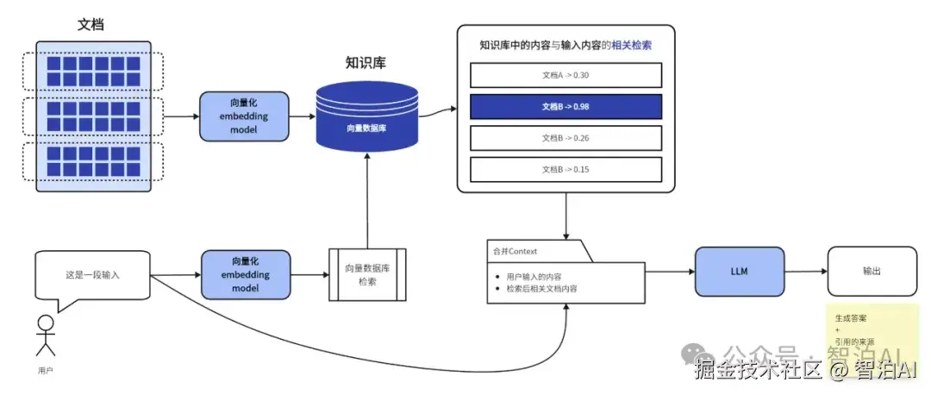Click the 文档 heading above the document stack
point(91,24)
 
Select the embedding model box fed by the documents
point(245,116)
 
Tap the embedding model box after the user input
point(245,274)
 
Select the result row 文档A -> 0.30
point(565,75)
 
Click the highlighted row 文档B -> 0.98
point(565,107)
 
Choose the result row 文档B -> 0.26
point(565,138)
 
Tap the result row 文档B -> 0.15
point(565,169)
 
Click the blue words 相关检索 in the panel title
point(631,44)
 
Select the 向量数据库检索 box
point(367,274)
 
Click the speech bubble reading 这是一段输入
point(93,275)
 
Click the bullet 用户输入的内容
point(534,276)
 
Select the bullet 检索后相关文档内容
point(542,288)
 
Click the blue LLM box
point(740,272)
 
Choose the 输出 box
point(872,272)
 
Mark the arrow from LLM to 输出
point(806,272)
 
